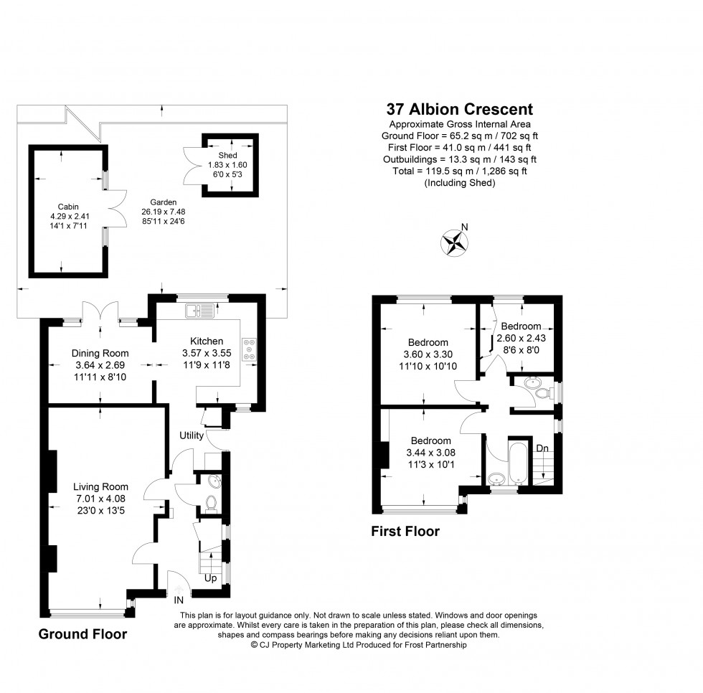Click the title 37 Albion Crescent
coord(460,110)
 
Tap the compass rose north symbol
coord(454,242)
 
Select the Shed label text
coord(227,155)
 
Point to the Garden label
coord(164,202)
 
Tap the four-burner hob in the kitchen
coord(250,349)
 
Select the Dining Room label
coord(100,353)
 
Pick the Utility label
coord(192,435)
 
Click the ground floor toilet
coord(212,503)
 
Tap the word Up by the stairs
coord(211,577)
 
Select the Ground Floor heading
coord(82,634)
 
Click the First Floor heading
coord(405,532)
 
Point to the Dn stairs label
coord(543,448)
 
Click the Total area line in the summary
coord(460,171)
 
